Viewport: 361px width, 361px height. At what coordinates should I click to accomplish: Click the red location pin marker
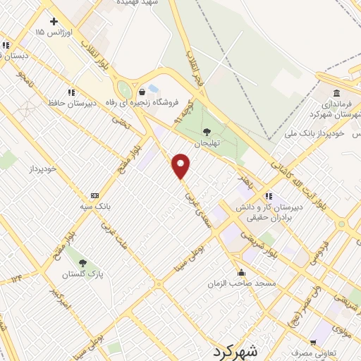point(181,166)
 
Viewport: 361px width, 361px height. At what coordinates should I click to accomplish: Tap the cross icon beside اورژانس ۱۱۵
point(54,22)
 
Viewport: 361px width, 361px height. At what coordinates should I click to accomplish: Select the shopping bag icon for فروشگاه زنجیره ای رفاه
point(142,92)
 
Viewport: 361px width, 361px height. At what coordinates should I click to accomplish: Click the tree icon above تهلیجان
point(206,132)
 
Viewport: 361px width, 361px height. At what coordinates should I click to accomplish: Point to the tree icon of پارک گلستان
point(83,264)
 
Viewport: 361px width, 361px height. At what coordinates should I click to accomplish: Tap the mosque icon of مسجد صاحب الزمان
point(241,273)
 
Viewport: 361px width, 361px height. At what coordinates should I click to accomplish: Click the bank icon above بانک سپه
point(94,195)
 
